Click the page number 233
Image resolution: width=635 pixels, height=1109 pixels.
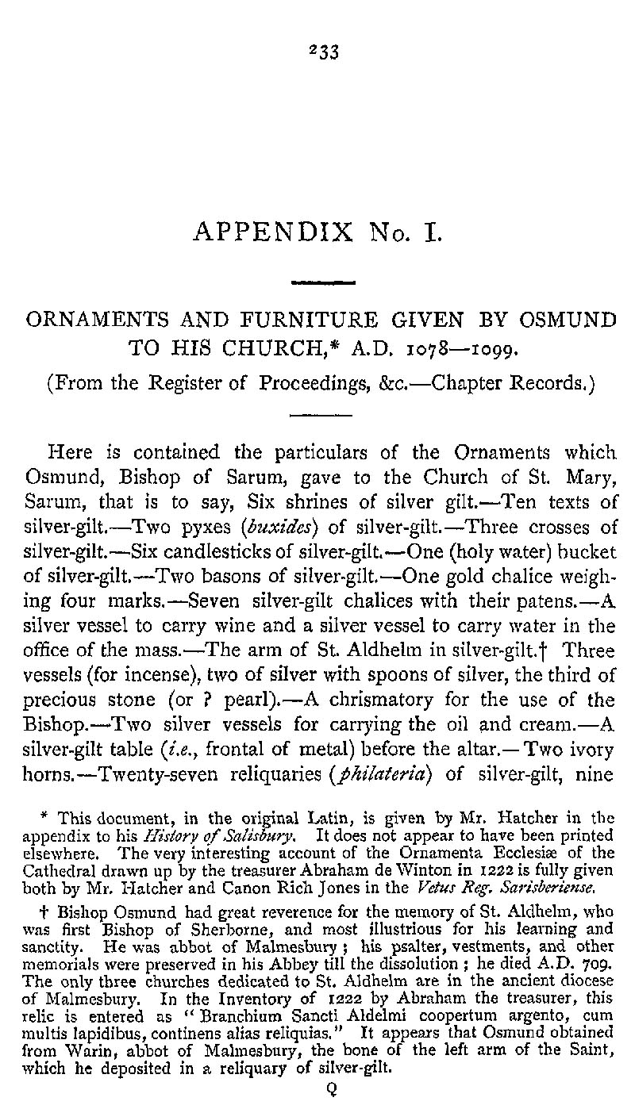coord(323,52)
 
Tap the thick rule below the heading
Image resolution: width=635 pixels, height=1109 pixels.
coord(323,282)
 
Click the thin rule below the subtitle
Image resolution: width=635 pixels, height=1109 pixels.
coord(315,413)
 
